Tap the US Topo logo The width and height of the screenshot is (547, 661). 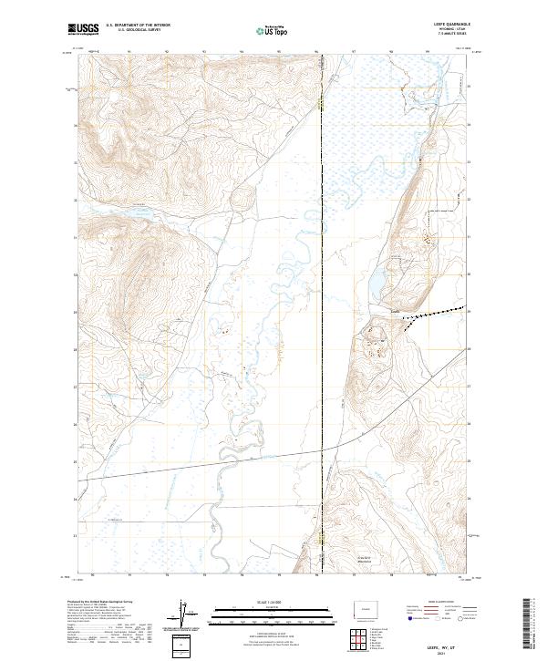click(271, 30)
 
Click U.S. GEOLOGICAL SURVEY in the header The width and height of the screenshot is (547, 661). click(138, 31)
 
